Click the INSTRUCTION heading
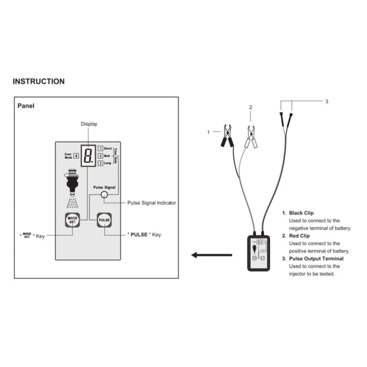tap(39, 81)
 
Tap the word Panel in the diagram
tap(26, 105)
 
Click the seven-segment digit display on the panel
tap(89, 156)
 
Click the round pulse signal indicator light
tap(104, 195)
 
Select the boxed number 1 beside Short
tap(100, 148)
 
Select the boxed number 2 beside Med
tap(100, 155)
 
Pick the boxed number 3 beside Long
tap(100, 163)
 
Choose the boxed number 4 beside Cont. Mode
tap(76, 156)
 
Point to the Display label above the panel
tap(89, 124)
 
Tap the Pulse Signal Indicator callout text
tap(152, 203)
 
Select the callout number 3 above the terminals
tap(327, 102)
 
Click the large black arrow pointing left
tap(211, 254)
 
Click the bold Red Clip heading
tap(299, 236)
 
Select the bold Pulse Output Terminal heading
tap(316, 258)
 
